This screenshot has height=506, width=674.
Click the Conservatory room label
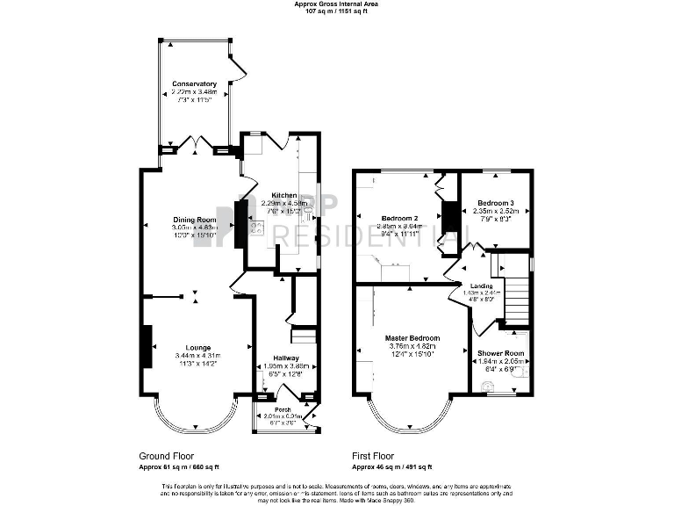(194, 84)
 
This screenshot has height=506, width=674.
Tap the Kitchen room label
(283, 195)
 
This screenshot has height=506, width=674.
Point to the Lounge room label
(194, 347)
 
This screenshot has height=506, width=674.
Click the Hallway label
(285, 358)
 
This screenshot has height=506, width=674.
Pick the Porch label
(283, 409)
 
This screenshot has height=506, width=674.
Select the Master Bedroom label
(412, 337)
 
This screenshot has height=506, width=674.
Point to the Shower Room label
(500, 354)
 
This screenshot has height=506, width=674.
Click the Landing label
(480, 286)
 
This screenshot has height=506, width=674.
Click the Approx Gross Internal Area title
(336, 4)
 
